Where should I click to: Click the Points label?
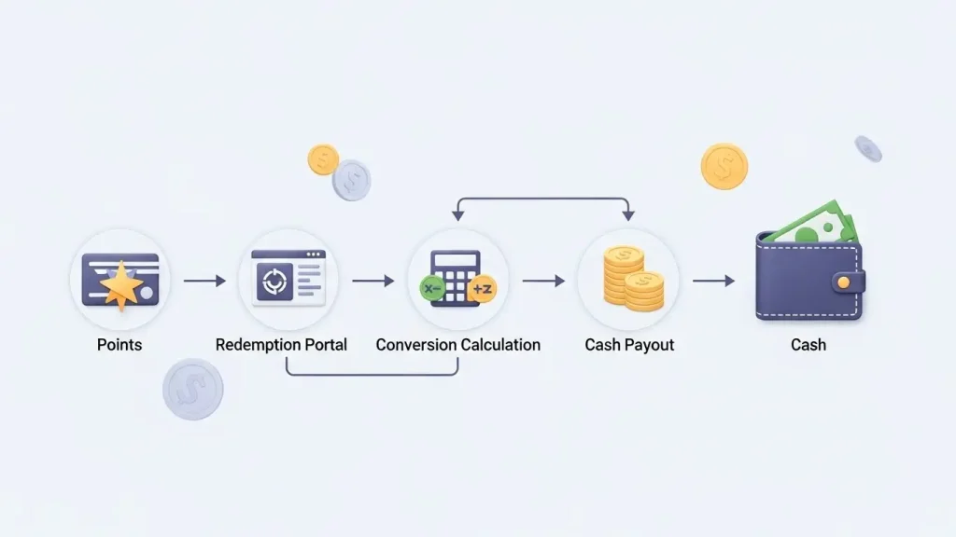(x=119, y=345)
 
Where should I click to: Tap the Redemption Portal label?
(x=281, y=345)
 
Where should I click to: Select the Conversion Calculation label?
(x=457, y=345)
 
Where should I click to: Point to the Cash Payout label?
(x=629, y=345)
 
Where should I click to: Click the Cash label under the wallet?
(x=808, y=345)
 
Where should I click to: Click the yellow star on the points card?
(x=122, y=285)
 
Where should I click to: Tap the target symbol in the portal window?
(x=274, y=280)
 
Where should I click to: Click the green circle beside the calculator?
(x=432, y=289)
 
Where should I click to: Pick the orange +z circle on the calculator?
(x=482, y=290)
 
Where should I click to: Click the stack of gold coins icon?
(x=630, y=279)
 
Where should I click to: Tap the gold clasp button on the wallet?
(x=843, y=281)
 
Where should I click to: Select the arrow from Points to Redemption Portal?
(x=204, y=281)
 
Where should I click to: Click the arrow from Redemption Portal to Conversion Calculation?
(x=373, y=281)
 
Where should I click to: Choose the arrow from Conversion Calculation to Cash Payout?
(x=543, y=281)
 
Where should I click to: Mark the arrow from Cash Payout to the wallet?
(x=713, y=281)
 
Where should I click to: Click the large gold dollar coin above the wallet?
(x=724, y=166)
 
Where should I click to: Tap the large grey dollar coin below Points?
(x=193, y=389)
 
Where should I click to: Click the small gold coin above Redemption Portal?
(x=323, y=159)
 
